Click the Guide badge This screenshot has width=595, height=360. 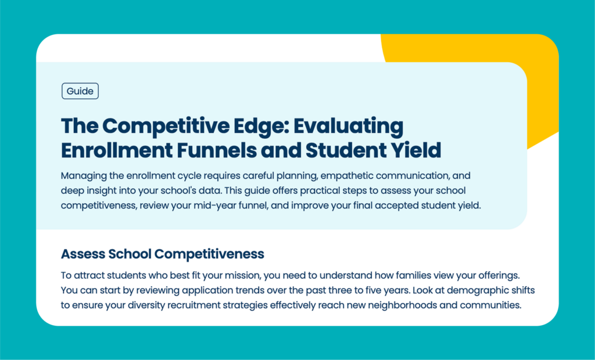80,91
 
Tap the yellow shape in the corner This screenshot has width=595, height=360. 493,49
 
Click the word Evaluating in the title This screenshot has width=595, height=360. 349,125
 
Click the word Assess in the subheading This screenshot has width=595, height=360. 83,254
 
